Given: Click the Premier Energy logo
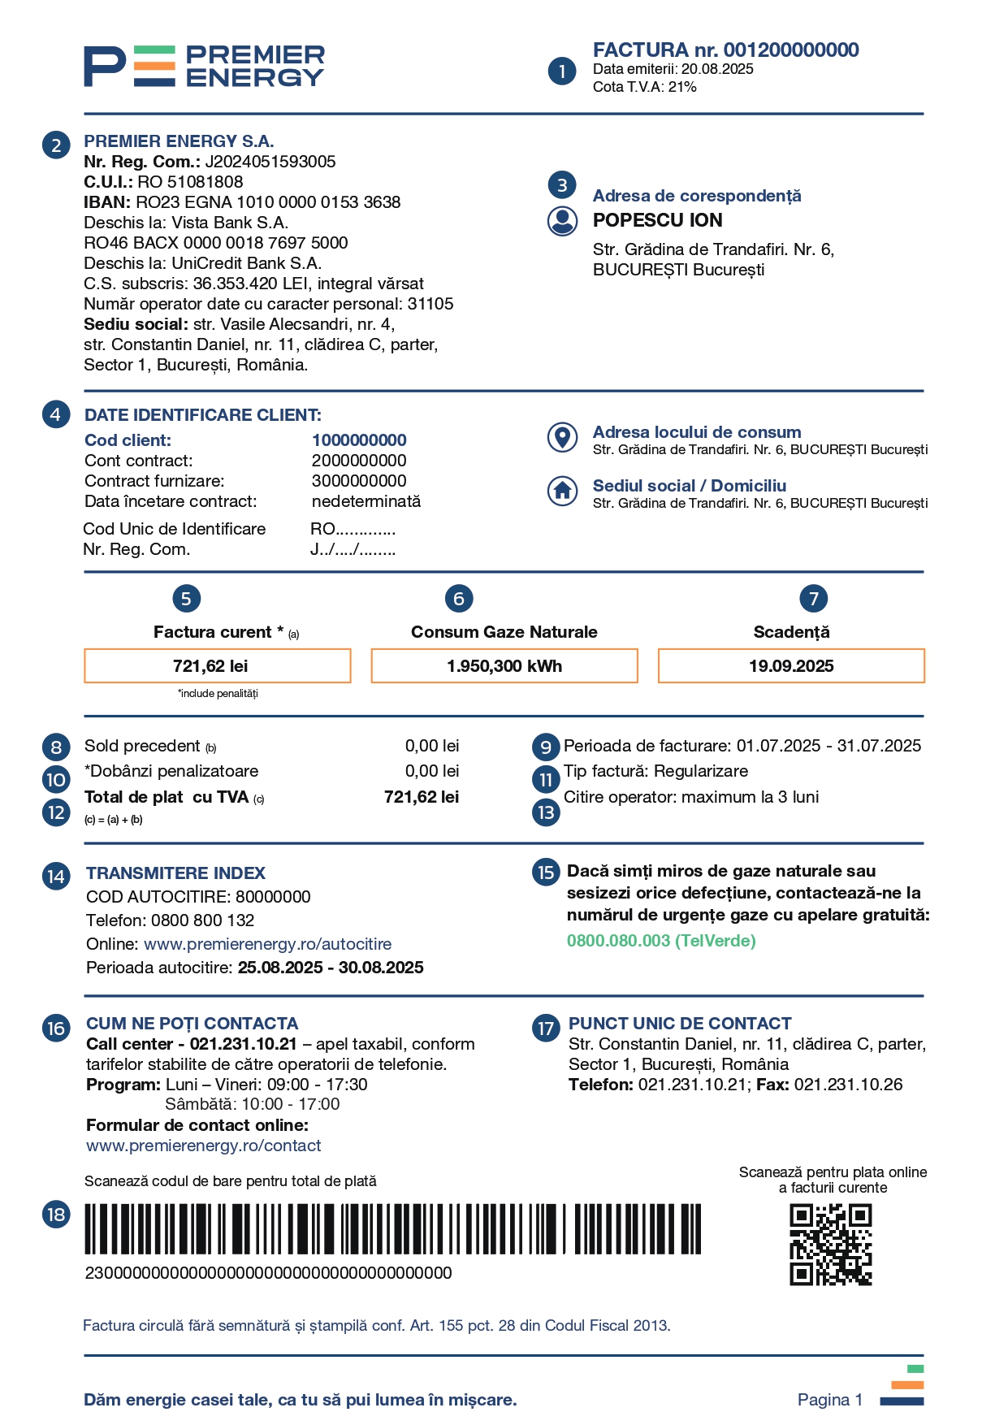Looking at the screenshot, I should click(204, 66).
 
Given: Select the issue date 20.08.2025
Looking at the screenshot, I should click(717, 69).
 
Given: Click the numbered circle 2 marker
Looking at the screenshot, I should click(56, 145).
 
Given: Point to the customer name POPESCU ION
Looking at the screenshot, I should click(657, 220).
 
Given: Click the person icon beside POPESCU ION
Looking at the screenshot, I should click(562, 220).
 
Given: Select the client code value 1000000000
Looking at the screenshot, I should click(359, 440).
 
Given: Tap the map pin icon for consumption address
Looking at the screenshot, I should click(562, 437).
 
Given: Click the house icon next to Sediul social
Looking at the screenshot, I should click(562, 491).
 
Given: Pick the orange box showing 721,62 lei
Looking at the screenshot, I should click(217, 666).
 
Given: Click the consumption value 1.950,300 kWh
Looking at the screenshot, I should click(504, 666).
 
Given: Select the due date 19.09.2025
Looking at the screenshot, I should click(791, 666).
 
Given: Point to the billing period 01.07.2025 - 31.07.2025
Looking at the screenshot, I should click(828, 746).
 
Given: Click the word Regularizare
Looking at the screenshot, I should click(701, 771).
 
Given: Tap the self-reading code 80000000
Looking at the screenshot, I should click(273, 897).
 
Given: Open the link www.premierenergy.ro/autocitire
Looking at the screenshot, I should click(267, 944).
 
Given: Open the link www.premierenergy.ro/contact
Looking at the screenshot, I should click(203, 1146).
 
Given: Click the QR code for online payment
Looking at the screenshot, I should click(830, 1245).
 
